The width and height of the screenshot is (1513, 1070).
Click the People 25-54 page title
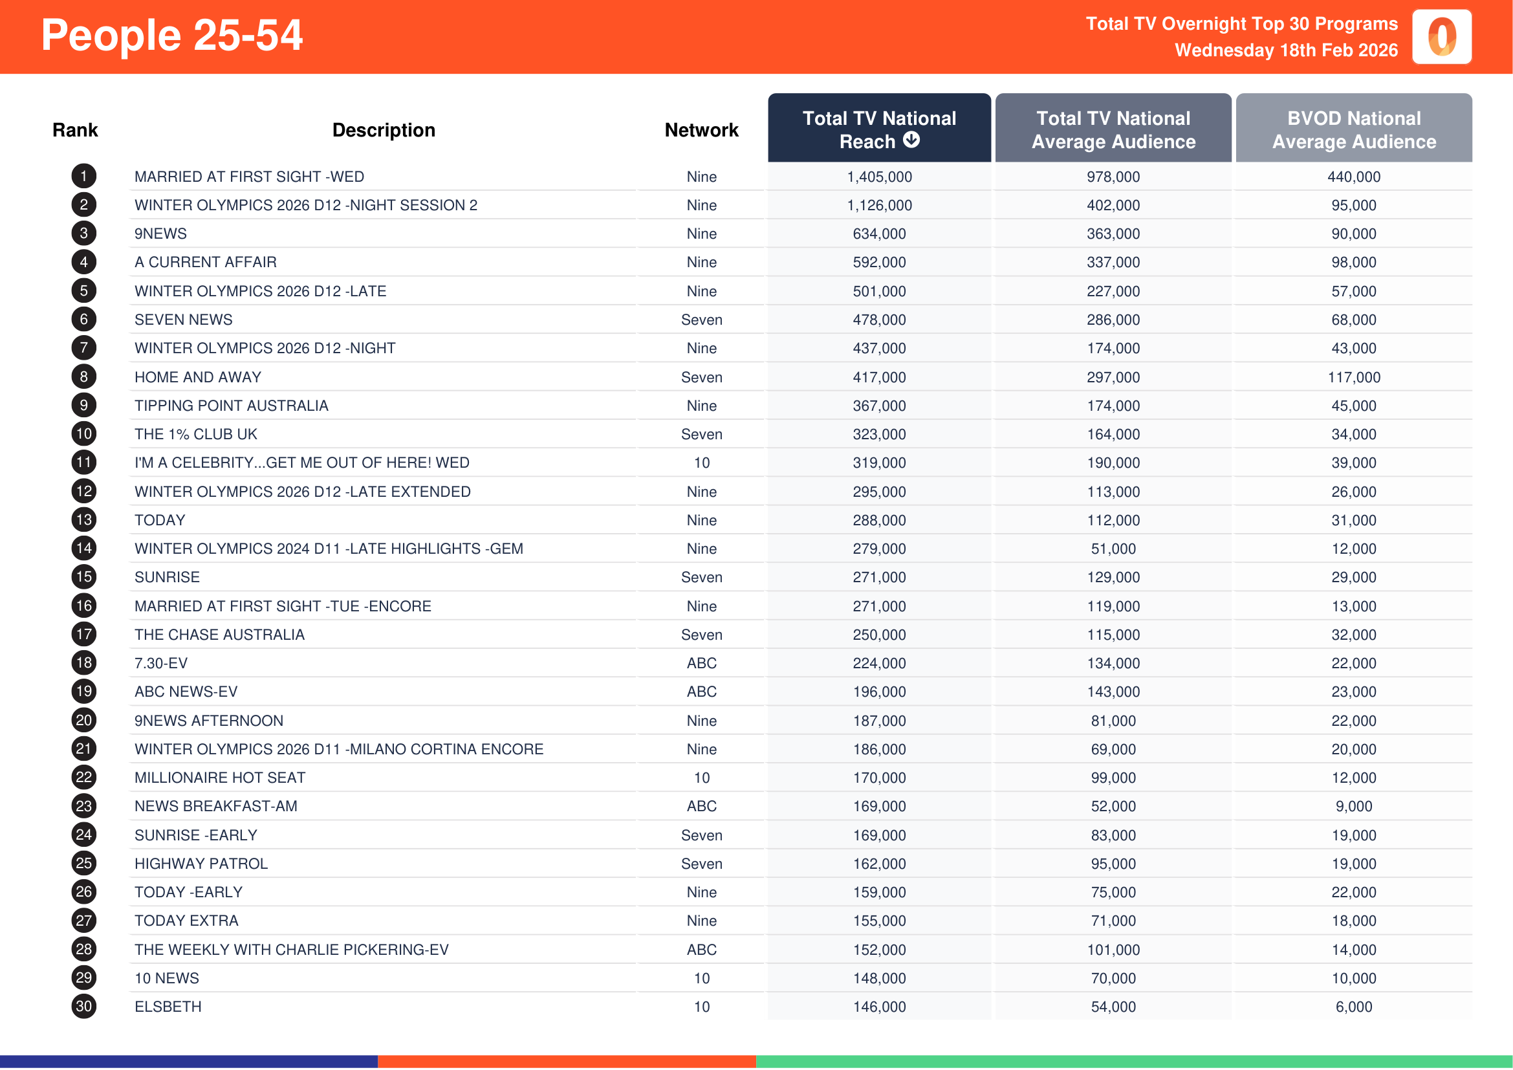tap(171, 35)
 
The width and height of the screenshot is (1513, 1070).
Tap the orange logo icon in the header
tap(1441, 37)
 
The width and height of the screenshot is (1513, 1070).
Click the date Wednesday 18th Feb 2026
tap(1286, 50)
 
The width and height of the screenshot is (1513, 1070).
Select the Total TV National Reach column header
tap(878, 129)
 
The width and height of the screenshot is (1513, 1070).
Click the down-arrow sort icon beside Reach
tap(911, 140)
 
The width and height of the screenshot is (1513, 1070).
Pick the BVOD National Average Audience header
tap(1353, 130)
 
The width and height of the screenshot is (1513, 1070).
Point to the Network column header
tap(701, 131)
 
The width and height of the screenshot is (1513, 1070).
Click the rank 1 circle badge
tap(83, 177)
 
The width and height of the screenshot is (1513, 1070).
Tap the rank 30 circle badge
tap(83, 1007)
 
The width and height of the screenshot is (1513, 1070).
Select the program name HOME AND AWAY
tap(198, 378)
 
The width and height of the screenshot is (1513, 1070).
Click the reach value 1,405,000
tap(879, 177)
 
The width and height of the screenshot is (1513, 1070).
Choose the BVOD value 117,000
tap(1353, 378)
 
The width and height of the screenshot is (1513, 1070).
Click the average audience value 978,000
tap(1113, 177)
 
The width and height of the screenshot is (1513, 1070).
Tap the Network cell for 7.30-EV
tap(701, 664)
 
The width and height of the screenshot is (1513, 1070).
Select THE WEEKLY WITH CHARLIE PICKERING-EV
tap(291, 950)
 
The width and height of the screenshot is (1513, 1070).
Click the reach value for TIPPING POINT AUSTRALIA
tap(879, 406)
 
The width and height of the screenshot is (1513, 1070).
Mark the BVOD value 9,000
tap(1353, 807)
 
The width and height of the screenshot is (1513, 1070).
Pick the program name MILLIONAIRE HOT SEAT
tap(219, 778)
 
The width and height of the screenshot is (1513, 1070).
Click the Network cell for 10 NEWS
tap(701, 978)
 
